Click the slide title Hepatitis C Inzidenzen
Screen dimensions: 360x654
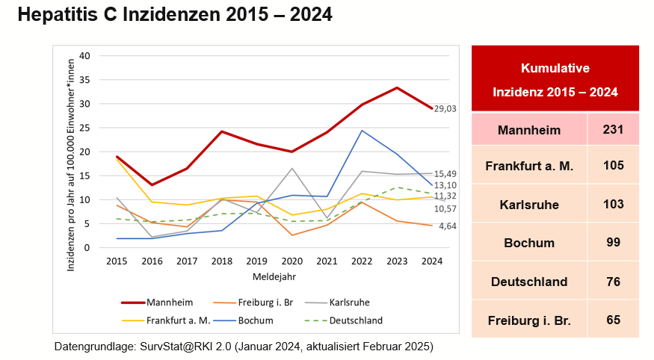click(174, 16)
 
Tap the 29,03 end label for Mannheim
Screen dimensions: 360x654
click(445, 109)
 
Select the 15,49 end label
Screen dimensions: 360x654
click(445, 174)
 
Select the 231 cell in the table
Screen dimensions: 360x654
click(613, 131)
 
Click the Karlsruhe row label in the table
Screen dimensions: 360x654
click(529, 204)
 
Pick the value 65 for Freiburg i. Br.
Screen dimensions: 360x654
click(613, 320)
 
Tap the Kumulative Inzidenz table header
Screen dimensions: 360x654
click(555, 81)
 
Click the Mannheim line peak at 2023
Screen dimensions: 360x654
click(396, 87)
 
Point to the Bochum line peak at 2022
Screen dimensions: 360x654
click(362, 131)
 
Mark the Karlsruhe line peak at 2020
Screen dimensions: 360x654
click(293, 169)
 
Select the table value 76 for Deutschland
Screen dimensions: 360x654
click(613, 282)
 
